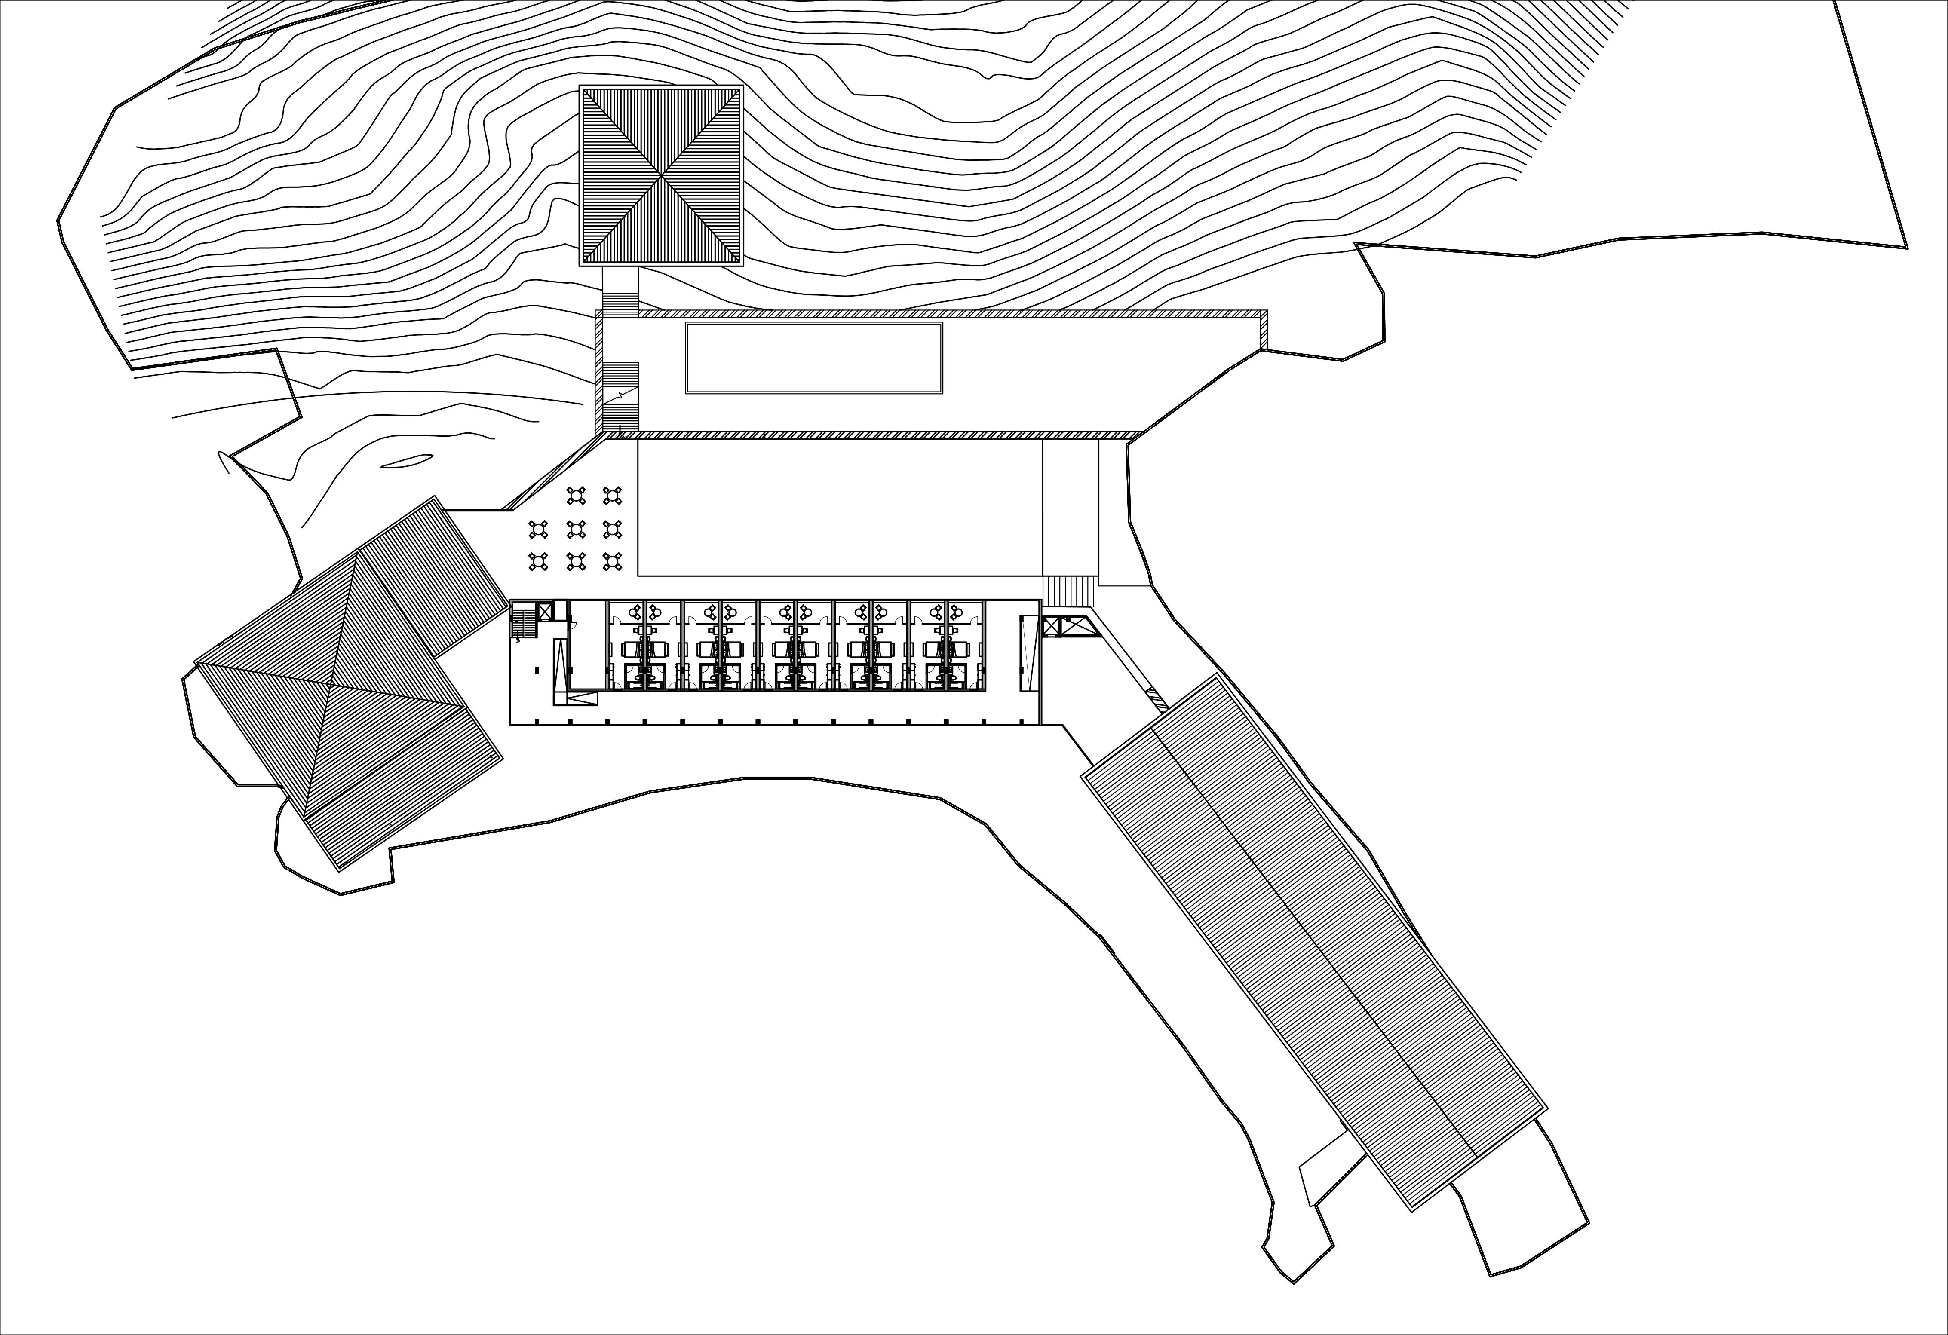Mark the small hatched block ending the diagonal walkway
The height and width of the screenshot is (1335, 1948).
point(1157,695)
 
